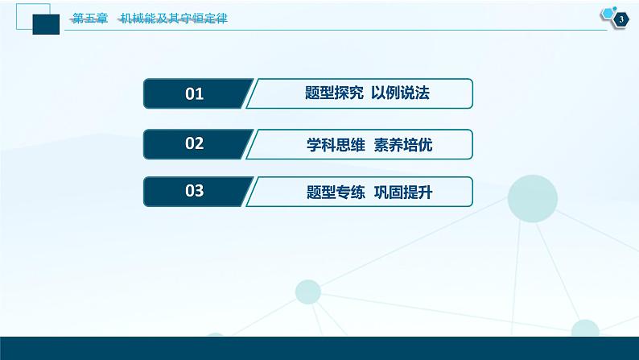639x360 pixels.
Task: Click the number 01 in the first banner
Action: pyautogui.click(x=195, y=94)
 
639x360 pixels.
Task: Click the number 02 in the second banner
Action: pyautogui.click(x=195, y=143)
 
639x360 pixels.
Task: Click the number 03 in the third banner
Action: pyautogui.click(x=195, y=191)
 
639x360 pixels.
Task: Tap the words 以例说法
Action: pyautogui.click(x=401, y=93)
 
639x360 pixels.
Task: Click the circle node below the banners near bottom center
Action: pyautogui.click(x=308, y=292)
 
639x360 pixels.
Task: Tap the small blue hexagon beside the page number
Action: pyautogui.click(x=607, y=13)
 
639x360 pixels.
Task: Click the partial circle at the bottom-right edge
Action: pyautogui.click(x=585, y=329)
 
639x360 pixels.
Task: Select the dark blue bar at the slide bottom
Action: pyautogui.click(x=319, y=348)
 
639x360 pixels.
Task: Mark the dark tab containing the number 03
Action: pyautogui.click(x=197, y=191)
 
